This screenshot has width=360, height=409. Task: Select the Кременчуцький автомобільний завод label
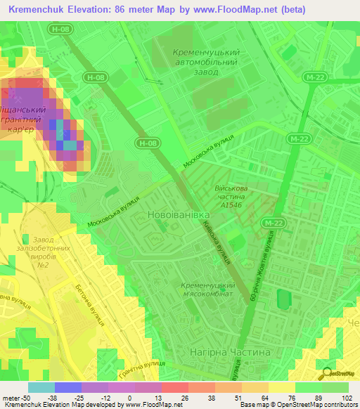coord(206,62)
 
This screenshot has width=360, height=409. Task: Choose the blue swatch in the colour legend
coord(68,387)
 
